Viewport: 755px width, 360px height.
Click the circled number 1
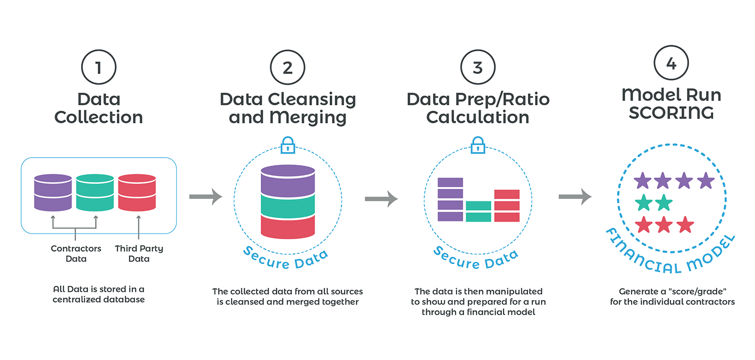tap(98, 67)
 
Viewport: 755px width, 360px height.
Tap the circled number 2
tap(287, 67)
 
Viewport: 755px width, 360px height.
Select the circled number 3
tap(478, 67)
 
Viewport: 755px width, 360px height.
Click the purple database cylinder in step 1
tap(52, 192)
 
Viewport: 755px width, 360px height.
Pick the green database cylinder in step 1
tap(95, 192)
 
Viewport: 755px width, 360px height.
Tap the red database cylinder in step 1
tap(137, 192)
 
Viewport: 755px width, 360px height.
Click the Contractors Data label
tap(76, 254)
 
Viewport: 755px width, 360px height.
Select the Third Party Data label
tap(139, 254)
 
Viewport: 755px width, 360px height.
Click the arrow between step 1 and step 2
tap(205, 196)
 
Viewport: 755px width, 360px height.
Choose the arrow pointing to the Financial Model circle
tap(575, 196)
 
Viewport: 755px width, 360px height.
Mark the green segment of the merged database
tap(287, 204)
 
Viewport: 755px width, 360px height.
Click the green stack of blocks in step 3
tap(478, 211)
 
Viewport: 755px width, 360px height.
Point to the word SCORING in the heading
tap(671, 112)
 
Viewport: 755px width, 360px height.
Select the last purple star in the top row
tap(706, 180)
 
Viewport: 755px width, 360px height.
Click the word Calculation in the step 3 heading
tap(478, 117)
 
